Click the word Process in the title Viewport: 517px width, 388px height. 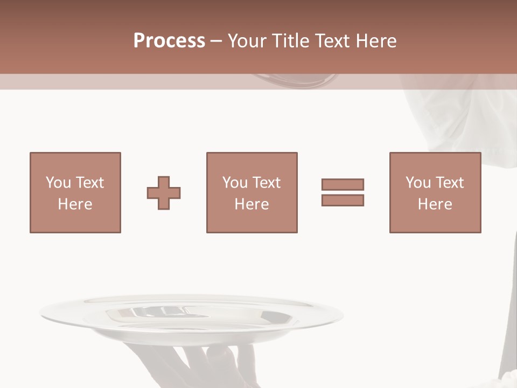(169, 41)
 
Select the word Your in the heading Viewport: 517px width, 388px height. (247, 41)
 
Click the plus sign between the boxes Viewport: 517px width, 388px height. (164, 193)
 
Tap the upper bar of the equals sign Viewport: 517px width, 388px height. (343, 184)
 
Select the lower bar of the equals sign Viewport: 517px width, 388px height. (343, 200)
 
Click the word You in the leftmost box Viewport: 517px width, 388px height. (58, 183)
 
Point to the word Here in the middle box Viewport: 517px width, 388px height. (251, 204)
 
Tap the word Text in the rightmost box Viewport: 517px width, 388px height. (450, 183)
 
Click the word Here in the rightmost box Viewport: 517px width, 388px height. (435, 204)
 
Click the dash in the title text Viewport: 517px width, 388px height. (216, 41)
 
